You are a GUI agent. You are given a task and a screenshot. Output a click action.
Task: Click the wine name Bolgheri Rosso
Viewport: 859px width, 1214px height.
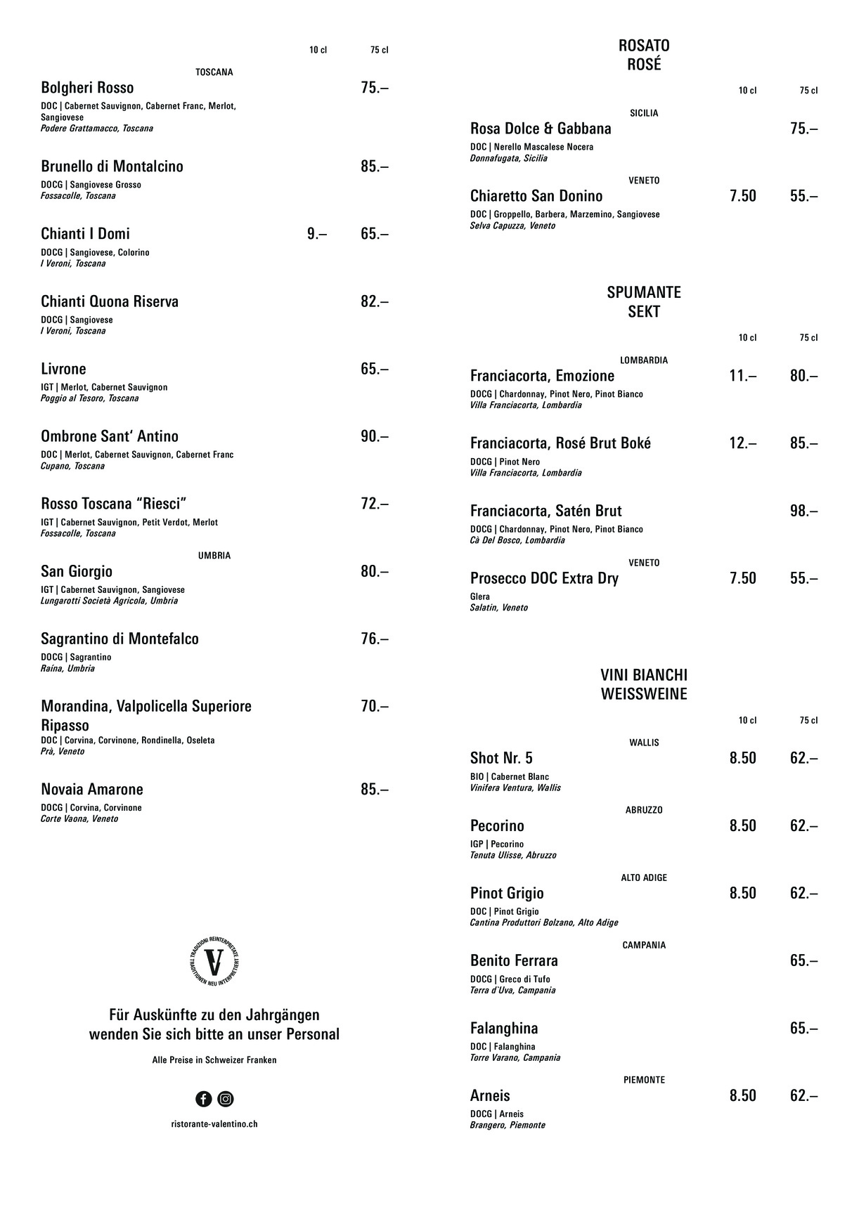point(87,88)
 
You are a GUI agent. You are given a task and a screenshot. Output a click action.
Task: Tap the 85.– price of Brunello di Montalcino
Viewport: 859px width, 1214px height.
point(374,167)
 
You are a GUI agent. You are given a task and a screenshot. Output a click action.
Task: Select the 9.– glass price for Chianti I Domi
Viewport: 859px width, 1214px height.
point(316,234)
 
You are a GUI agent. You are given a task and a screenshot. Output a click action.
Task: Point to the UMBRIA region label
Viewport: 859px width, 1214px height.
point(214,556)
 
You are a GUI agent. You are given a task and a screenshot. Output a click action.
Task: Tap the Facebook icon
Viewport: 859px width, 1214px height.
point(204,1099)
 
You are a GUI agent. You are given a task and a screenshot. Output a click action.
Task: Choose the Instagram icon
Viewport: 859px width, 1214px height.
point(226,1099)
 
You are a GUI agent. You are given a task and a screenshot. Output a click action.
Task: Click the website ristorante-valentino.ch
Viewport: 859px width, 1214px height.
point(214,1124)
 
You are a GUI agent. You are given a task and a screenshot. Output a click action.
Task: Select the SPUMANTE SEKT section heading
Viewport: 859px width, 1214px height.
point(644,301)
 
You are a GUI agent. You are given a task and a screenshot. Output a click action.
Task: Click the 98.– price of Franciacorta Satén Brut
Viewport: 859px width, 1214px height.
point(803,511)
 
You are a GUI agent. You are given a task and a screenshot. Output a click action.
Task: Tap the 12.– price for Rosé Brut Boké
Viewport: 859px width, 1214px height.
point(742,443)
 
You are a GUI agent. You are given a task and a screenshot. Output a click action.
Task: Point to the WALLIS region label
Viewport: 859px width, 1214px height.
point(644,743)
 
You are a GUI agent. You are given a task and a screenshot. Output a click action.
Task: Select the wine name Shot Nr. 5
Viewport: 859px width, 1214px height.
point(501,758)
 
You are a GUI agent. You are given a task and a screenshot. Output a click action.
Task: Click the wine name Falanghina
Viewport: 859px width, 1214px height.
point(504,1029)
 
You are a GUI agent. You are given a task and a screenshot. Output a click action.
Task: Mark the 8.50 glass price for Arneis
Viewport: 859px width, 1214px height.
point(742,1096)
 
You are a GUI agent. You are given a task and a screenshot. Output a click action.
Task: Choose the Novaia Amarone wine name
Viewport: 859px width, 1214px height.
point(92,789)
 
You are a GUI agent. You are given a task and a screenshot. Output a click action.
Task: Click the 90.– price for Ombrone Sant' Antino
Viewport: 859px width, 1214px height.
point(374,436)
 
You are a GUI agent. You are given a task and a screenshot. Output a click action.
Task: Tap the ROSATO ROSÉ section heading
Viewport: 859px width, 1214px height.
point(644,55)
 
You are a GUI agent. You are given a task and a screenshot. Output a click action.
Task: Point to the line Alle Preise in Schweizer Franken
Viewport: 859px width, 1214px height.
point(214,1060)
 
